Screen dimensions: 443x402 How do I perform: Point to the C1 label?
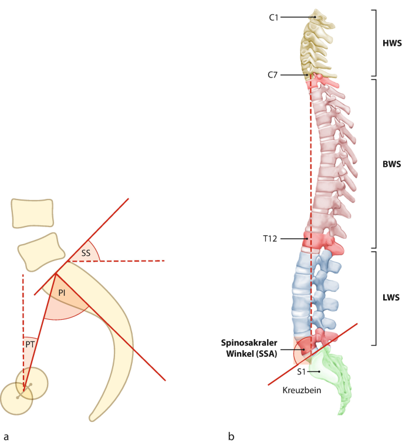(x=273, y=18)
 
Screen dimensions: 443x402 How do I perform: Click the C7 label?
(x=273, y=75)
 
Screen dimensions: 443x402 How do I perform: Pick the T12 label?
(x=271, y=238)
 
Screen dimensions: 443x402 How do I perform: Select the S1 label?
(x=301, y=372)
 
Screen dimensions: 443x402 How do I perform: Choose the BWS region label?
(x=390, y=164)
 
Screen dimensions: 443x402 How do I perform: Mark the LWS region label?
(x=390, y=298)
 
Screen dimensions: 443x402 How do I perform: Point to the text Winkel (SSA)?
(x=253, y=352)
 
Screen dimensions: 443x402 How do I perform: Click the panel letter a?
(x=6, y=435)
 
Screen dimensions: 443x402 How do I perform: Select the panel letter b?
(x=231, y=435)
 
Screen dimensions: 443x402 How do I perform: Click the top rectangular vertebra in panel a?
(x=32, y=212)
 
